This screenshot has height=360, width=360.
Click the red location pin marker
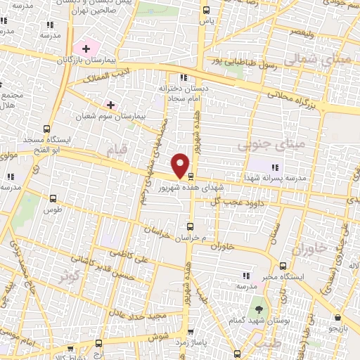click(x=181, y=164)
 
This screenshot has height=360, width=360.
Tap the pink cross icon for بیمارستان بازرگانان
click(x=86, y=49)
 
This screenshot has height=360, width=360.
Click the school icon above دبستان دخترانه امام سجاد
click(x=184, y=78)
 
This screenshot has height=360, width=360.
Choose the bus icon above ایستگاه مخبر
click(x=283, y=266)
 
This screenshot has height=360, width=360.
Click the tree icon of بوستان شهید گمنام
click(x=258, y=309)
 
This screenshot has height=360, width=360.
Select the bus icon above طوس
click(x=52, y=198)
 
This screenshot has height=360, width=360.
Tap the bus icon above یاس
click(x=206, y=11)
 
